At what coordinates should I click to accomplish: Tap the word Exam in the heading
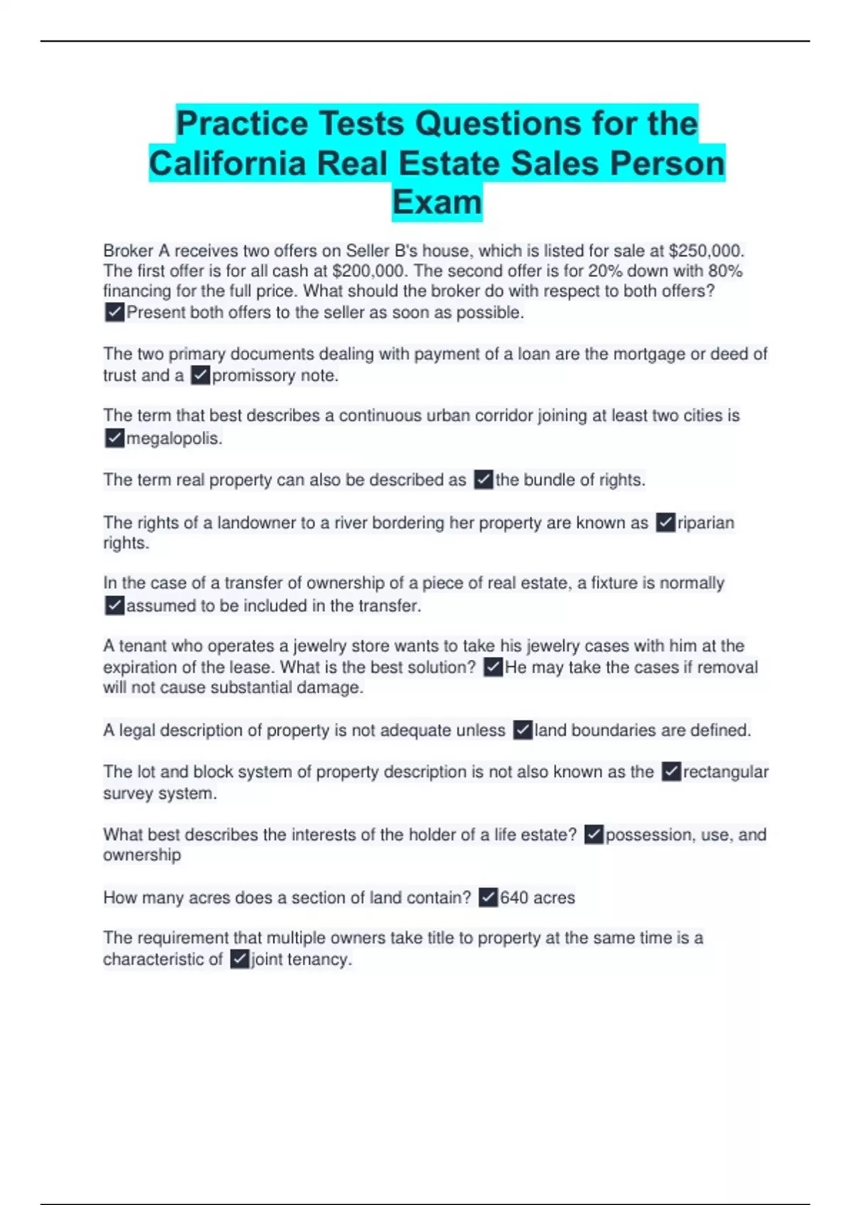pos(437,203)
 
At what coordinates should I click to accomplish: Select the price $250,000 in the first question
pos(706,251)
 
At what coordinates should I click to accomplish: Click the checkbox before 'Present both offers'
pos(114,312)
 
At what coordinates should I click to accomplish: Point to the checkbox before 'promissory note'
pos(201,375)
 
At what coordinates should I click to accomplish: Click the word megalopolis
pos(174,439)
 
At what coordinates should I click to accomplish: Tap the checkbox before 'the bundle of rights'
pos(484,480)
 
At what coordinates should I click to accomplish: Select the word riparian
pos(706,522)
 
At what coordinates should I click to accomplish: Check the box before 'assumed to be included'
pos(114,605)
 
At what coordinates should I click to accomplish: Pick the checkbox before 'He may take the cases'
pos(493,667)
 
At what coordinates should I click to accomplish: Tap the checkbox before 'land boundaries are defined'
pos(523,730)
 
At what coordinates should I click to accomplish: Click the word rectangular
pos(725,772)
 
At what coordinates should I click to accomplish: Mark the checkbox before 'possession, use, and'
pos(594,835)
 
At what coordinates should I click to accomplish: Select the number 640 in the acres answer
pos(514,898)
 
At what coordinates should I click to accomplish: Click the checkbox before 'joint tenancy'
pos(240,960)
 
